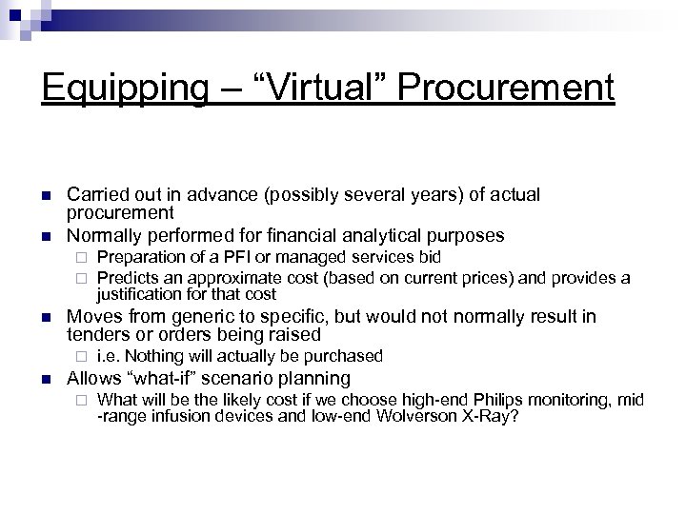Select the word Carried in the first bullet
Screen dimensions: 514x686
(94, 195)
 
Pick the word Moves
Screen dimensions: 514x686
(91, 316)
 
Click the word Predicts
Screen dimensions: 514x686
(128, 277)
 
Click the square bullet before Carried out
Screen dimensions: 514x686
(47, 195)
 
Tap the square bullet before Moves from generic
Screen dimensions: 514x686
(47, 316)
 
